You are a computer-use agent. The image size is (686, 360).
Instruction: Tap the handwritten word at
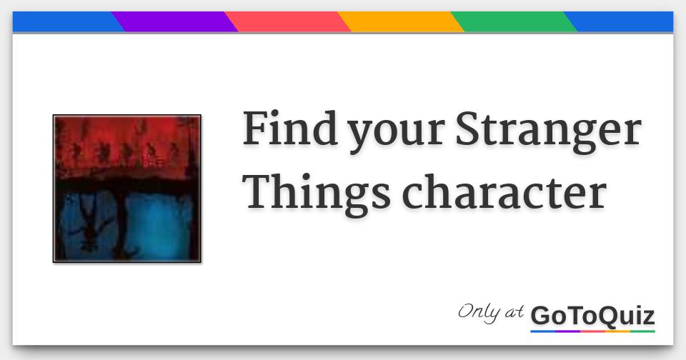pyautogui.click(x=513, y=313)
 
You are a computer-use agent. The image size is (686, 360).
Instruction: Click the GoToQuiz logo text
pyautogui.click(x=592, y=315)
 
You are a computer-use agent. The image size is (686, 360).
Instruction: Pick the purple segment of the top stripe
pyautogui.click(x=175, y=21)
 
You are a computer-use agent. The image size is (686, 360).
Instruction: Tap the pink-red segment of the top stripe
pyautogui.click(x=288, y=21)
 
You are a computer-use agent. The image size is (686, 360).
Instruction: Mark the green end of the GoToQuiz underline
pyautogui.click(x=643, y=331)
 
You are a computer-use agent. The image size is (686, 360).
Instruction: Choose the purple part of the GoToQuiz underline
pyautogui.click(x=568, y=331)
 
